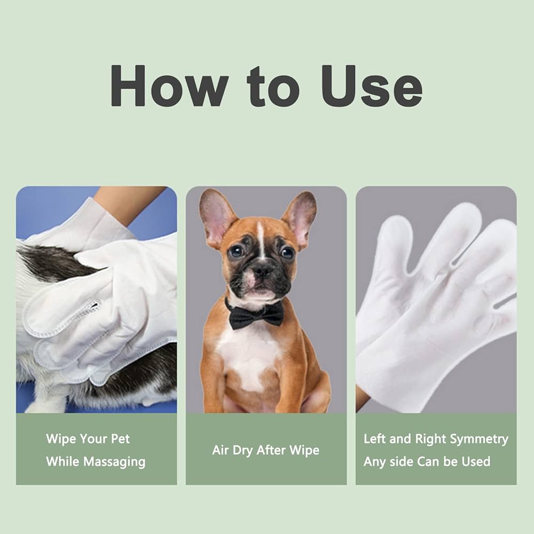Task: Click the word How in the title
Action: tap(169, 85)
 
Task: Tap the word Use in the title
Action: tap(372, 85)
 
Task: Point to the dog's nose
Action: tap(262, 271)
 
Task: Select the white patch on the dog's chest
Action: tap(249, 354)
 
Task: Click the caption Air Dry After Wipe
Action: tap(265, 450)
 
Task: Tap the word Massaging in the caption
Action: tap(114, 462)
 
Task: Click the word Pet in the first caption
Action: tap(120, 438)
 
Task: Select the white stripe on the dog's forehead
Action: tap(261, 240)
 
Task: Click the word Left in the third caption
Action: tap(375, 438)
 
